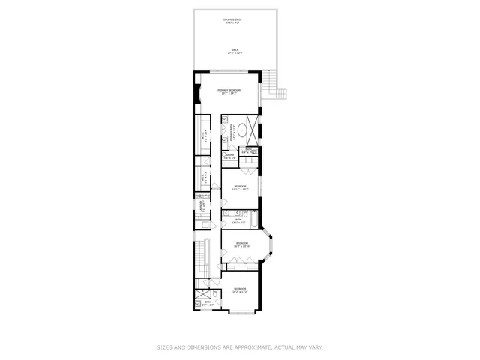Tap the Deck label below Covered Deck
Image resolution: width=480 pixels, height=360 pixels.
235,51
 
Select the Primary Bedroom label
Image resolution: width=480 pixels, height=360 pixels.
229,91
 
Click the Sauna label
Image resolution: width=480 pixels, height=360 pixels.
229,157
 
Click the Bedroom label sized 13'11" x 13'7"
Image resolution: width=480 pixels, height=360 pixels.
240,187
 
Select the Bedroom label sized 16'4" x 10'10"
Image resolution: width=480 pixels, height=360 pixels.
241,244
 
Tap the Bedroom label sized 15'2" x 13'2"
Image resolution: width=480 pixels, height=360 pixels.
239,289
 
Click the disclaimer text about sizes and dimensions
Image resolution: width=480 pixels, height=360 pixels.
239,347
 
